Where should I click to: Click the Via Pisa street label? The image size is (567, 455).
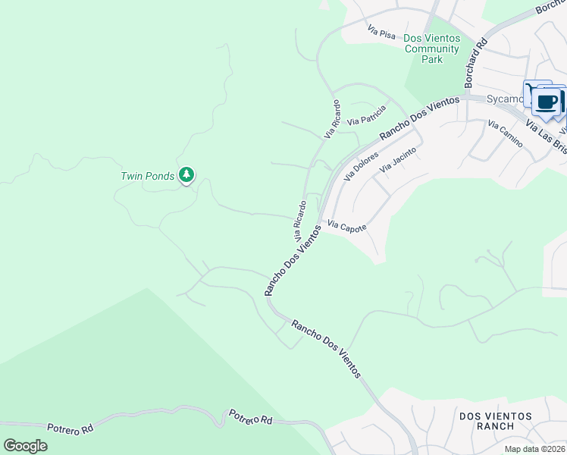[x=382, y=33]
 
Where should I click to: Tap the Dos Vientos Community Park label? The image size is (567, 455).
[x=431, y=49]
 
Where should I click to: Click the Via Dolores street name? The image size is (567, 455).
[x=360, y=165]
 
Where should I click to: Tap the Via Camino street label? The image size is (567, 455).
[x=505, y=134]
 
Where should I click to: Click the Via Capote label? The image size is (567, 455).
[x=346, y=227]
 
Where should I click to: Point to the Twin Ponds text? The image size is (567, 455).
[x=148, y=176]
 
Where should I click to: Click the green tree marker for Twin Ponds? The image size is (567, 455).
[x=186, y=176]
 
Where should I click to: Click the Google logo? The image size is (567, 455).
[x=25, y=445]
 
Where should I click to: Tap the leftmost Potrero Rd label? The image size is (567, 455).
[x=70, y=428]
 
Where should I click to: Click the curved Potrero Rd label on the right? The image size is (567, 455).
[x=251, y=418]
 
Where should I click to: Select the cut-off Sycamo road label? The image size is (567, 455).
[x=503, y=99]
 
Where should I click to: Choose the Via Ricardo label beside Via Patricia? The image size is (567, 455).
[x=333, y=118]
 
